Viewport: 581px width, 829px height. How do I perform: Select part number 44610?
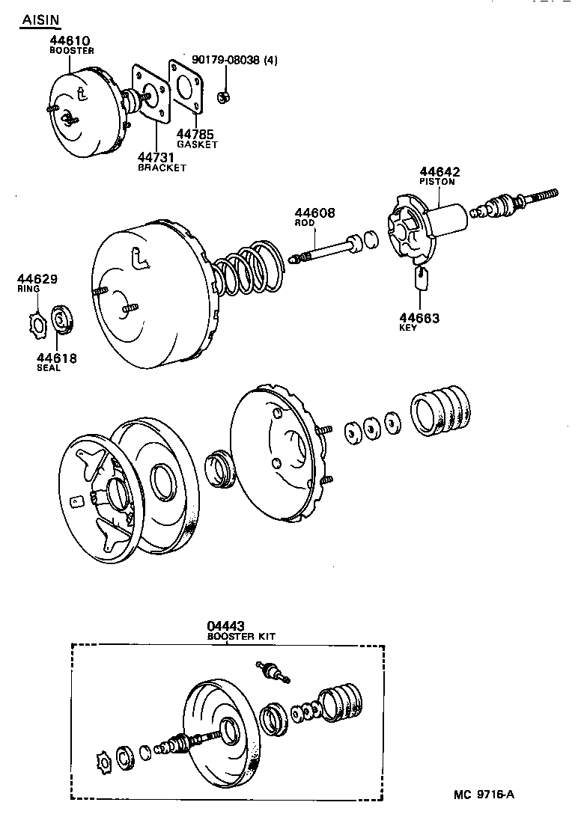coord(70,40)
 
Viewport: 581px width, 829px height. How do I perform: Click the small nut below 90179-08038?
coord(222,97)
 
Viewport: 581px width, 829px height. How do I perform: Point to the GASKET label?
coord(197,144)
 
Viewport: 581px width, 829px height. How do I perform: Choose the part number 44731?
coord(156,157)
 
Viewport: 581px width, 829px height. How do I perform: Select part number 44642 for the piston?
coord(439,171)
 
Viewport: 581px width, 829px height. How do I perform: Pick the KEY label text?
coord(409,328)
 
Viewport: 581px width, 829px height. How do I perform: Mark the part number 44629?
coord(37,279)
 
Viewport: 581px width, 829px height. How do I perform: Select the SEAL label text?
coord(49,368)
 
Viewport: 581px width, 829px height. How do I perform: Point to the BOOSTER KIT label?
coord(241,636)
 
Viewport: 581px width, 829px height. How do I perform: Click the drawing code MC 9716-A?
coord(484,794)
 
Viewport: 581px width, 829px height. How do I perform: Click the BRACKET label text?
coord(162,168)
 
